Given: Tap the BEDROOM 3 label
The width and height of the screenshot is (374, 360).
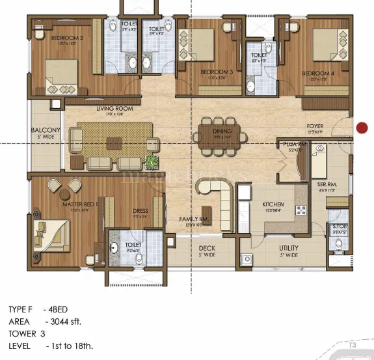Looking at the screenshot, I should tap(217, 72).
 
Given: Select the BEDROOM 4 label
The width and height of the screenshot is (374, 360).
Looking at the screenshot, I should tap(318, 74).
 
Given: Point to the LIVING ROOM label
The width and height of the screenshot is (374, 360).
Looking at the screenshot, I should tap(114, 109).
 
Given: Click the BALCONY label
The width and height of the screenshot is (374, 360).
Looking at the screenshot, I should tap(46, 130).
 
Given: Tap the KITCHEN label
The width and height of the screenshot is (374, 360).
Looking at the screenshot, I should tap(273, 204).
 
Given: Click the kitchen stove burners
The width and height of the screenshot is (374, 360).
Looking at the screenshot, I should tap(301, 210).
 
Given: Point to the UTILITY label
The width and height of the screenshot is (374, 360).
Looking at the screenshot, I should tap(289, 248).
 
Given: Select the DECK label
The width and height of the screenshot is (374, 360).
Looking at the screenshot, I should tap(207, 248).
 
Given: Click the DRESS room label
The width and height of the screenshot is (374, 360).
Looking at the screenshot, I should tap(140, 210).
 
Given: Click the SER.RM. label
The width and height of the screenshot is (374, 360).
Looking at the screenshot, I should tap(325, 185).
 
